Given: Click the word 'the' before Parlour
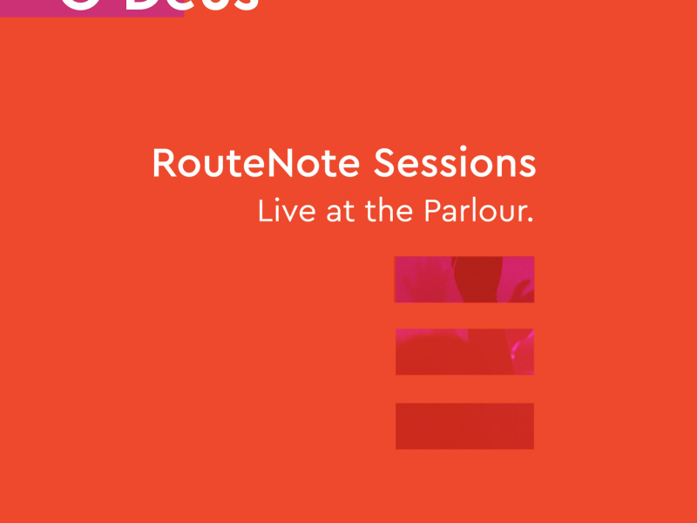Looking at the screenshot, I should (x=389, y=212).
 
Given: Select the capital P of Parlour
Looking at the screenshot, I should (x=432, y=212).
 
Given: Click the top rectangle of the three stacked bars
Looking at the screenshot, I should (x=464, y=279).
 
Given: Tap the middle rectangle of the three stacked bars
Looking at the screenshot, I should (x=464, y=351).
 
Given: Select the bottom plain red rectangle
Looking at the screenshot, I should (x=464, y=426).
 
